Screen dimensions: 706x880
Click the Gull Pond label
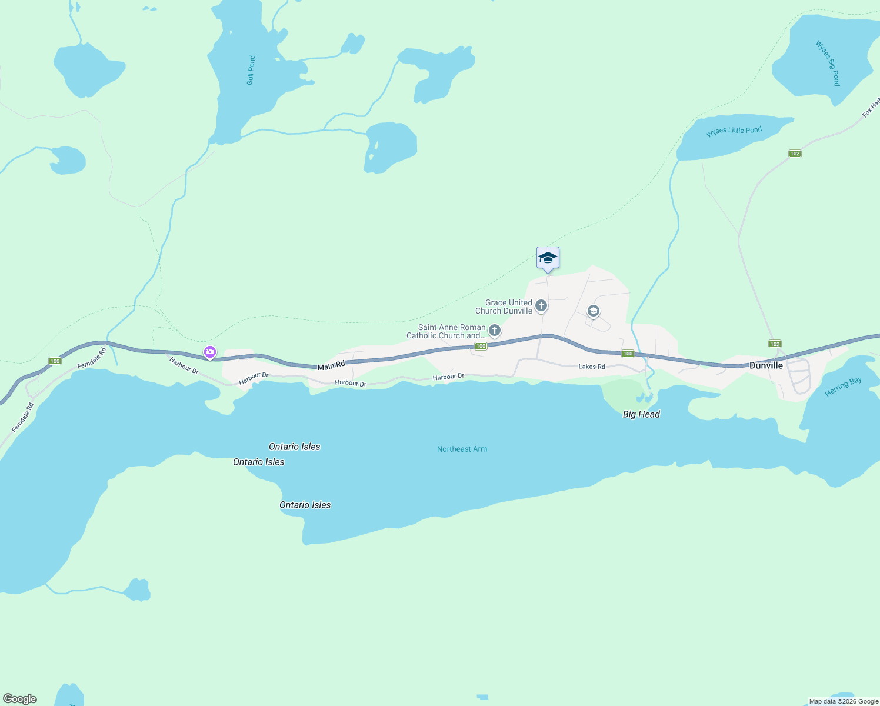click(251, 71)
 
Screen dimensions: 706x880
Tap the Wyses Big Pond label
click(828, 63)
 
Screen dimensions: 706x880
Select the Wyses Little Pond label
click(734, 131)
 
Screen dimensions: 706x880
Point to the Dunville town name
click(766, 365)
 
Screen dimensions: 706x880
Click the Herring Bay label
click(843, 387)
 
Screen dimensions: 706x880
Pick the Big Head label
click(641, 414)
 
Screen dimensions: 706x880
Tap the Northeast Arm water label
click(462, 449)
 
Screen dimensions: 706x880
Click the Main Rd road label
click(331, 366)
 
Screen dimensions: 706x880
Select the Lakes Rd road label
click(592, 367)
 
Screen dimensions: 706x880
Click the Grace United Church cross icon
click(541, 306)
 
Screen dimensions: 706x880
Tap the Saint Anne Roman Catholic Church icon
click(495, 331)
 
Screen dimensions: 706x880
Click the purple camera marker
click(210, 352)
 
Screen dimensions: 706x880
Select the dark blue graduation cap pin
click(548, 258)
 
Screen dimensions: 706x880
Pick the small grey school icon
click(593, 311)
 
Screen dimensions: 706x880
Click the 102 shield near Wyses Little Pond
click(795, 154)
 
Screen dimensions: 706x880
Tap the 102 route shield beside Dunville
click(775, 344)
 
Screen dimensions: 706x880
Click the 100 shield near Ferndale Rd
click(55, 361)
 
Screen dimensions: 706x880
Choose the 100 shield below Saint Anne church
click(481, 346)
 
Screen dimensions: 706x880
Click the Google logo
click(20, 699)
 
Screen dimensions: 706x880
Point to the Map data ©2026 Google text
click(844, 701)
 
